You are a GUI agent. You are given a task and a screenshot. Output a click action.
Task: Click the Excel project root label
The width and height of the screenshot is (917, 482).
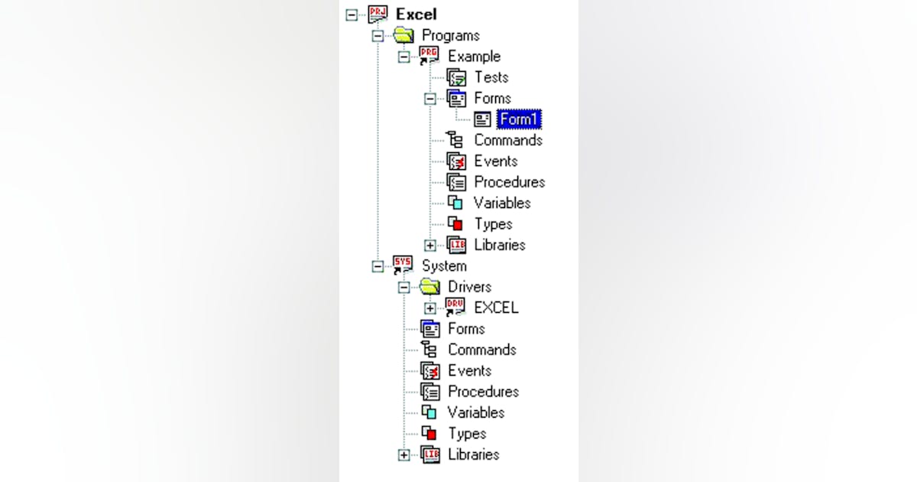416,15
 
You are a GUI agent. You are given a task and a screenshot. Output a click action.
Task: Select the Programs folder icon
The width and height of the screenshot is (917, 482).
403,35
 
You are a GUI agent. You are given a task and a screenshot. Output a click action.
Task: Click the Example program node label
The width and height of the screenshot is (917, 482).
474,57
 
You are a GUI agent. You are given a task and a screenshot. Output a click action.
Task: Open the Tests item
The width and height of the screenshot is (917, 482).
491,77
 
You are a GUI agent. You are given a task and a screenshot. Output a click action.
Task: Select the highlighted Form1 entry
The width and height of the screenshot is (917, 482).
519,119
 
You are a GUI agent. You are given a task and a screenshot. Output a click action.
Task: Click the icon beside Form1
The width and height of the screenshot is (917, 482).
482,119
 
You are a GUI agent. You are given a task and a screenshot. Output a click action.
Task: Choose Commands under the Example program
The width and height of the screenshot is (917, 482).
507,140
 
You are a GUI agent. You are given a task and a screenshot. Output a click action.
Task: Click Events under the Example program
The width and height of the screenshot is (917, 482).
495,161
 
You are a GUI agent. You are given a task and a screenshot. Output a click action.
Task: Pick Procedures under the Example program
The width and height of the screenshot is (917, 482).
509,182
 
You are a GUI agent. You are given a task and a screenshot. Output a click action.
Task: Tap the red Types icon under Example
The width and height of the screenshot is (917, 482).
455,224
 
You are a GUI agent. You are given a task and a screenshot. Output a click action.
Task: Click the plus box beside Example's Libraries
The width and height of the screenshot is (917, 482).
430,246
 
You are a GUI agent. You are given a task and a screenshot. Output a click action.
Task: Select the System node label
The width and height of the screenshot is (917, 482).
444,266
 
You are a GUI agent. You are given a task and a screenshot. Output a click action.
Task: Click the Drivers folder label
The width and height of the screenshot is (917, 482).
469,287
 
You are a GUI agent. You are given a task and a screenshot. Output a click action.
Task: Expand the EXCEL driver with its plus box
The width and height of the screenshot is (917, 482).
430,308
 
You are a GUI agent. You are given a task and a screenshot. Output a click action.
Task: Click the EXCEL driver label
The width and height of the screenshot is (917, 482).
496,308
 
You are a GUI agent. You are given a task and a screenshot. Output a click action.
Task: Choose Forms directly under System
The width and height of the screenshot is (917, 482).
466,329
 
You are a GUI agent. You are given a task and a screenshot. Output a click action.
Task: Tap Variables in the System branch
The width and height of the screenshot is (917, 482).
475,412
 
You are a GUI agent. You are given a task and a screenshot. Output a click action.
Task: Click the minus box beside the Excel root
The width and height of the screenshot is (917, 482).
352,15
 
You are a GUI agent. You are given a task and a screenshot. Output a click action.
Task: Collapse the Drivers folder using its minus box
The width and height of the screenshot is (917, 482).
403,288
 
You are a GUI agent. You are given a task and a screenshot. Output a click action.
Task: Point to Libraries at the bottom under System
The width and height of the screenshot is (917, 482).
473,454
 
